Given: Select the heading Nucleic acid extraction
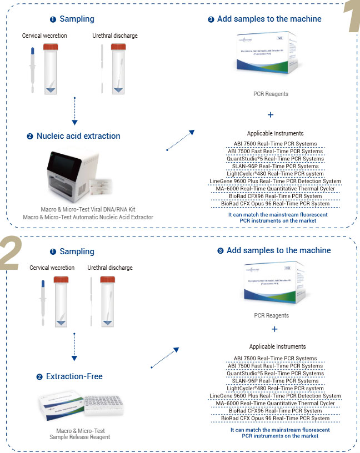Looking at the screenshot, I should click(78, 136).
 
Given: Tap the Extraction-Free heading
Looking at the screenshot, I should click(74, 376).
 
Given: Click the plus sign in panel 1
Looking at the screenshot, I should click(271, 115).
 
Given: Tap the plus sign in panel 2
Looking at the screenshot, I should click(274, 329).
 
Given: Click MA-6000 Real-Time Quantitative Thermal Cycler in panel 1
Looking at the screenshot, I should click(276, 189).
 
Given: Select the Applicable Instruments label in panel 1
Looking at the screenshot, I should click(275, 133).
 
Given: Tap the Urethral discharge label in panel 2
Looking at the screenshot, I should click(111, 268).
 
